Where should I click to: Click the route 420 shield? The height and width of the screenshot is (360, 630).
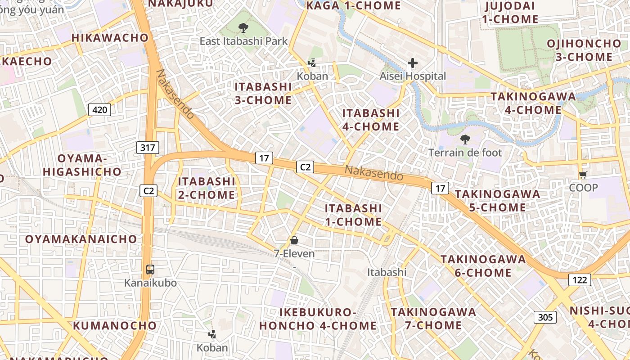[x=99, y=109]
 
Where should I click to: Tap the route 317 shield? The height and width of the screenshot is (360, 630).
[x=148, y=147]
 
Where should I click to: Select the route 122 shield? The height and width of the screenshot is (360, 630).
[x=580, y=280]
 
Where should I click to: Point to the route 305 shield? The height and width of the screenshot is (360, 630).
[x=545, y=317]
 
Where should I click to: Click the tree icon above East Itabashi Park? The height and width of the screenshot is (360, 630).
[x=243, y=28]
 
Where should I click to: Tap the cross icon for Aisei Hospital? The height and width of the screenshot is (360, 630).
[x=412, y=63]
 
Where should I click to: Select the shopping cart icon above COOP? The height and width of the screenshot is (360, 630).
[x=583, y=175]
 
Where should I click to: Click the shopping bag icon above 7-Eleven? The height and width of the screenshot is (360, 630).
[x=294, y=241]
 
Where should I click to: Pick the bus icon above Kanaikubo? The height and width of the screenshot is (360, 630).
[x=150, y=270]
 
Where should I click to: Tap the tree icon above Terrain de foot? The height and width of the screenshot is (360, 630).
[x=465, y=139]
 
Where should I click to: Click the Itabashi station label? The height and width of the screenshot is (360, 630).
[x=387, y=272]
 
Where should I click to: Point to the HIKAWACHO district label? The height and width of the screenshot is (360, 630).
[x=110, y=38]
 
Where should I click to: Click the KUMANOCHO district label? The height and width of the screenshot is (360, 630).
[x=115, y=325]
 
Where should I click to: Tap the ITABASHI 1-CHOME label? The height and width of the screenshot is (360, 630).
[x=353, y=215]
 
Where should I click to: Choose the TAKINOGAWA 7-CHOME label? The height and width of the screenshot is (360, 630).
[x=433, y=319]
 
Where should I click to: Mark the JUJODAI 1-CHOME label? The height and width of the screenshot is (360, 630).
[x=510, y=13]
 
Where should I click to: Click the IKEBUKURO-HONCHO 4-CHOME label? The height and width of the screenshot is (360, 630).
[x=318, y=319]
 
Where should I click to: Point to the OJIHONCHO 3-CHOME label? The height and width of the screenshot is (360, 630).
[x=584, y=50]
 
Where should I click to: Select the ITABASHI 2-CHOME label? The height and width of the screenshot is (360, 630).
[x=207, y=188]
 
